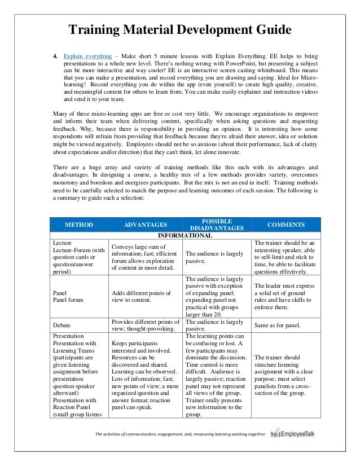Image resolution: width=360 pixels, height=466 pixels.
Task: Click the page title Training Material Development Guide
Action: pos(179,29)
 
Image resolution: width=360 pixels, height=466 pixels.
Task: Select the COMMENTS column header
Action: pos(286,225)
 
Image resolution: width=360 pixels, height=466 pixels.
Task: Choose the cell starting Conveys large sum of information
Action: pos(145,257)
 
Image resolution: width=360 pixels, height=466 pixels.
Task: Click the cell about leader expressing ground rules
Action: pos(285,297)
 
